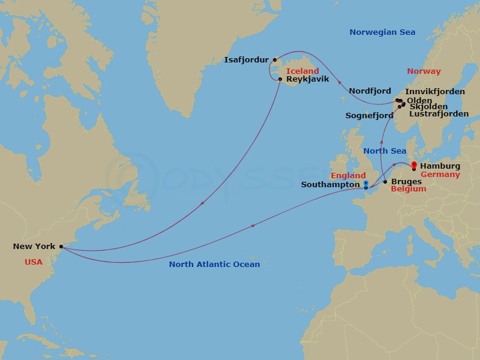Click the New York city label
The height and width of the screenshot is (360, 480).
pyautogui.click(x=34, y=247)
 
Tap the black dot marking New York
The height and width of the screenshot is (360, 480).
pyautogui.click(x=61, y=246)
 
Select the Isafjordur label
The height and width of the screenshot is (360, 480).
pyautogui.click(x=247, y=60)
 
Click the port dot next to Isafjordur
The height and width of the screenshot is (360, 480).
pyautogui.click(x=275, y=59)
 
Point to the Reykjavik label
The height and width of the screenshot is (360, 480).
pyautogui.click(x=308, y=79)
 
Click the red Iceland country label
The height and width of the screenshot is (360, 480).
pyautogui.click(x=302, y=71)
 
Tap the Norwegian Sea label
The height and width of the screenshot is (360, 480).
pyautogui.click(x=382, y=32)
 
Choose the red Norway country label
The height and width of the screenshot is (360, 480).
pyautogui.click(x=424, y=71)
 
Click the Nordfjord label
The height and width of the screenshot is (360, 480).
pyautogui.click(x=370, y=91)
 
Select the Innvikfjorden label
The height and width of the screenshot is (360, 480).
pyautogui.click(x=435, y=92)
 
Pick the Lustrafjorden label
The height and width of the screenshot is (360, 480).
pyautogui.click(x=439, y=113)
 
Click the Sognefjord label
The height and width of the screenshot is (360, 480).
pyautogui.click(x=369, y=115)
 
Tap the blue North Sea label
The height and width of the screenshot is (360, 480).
pyautogui.click(x=385, y=151)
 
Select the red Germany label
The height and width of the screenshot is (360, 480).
pyautogui.click(x=440, y=175)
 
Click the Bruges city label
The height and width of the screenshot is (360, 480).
pyautogui.click(x=406, y=181)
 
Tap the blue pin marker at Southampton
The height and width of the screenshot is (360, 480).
pyautogui.click(x=365, y=184)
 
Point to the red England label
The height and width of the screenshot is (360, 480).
pyautogui.click(x=348, y=176)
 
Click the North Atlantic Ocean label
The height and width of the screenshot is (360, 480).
pyautogui.click(x=214, y=265)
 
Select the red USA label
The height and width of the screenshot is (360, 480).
pyautogui.click(x=34, y=262)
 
